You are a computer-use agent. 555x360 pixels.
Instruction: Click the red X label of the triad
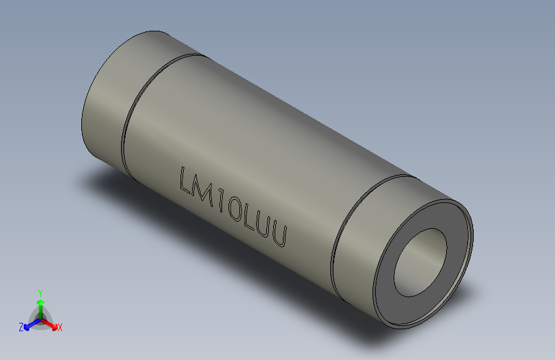(x=60, y=328)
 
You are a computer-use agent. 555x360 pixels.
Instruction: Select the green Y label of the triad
(x=40, y=292)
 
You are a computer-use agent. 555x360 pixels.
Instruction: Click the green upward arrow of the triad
(x=40, y=304)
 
